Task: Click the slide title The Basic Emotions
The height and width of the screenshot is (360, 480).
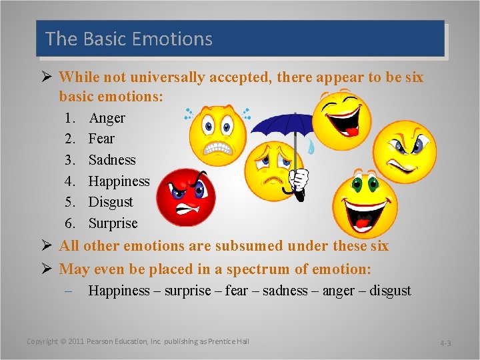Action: click(129, 39)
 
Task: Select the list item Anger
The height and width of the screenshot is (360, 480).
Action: click(107, 118)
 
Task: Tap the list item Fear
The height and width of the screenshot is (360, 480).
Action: click(101, 139)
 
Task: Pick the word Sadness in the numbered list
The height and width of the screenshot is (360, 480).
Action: click(112, 160)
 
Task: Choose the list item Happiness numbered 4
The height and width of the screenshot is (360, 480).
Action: click(119, 181)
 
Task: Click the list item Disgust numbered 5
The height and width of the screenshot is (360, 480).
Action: click(111, 202)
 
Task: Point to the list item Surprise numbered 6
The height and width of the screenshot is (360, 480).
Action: click(113, 223)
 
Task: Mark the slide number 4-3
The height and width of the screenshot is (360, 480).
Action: click(445, 343)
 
